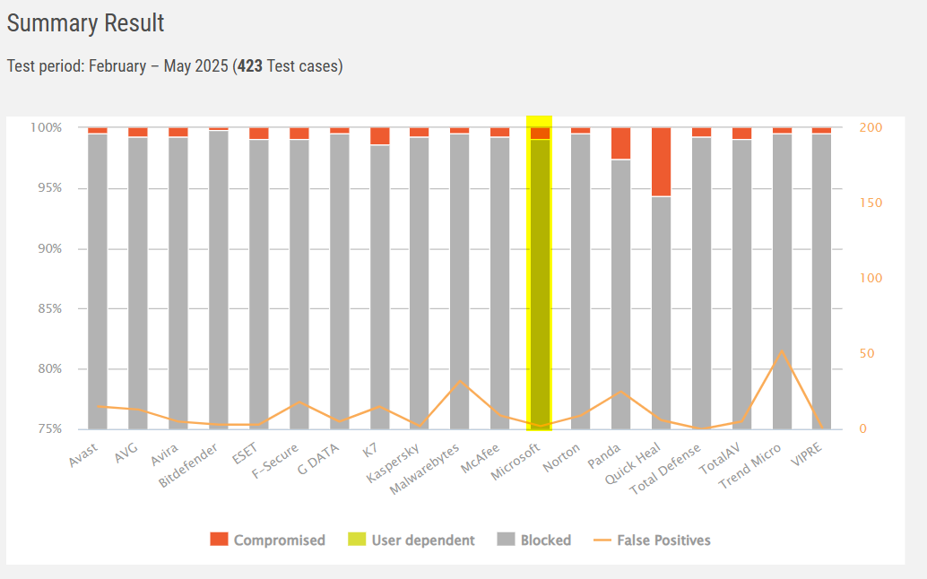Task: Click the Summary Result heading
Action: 86,23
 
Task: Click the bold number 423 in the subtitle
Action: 250,66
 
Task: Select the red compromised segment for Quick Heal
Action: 662,161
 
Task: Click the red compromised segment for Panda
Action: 621,143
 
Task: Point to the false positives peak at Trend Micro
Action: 782,351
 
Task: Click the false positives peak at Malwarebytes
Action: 460,381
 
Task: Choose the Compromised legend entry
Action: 268,540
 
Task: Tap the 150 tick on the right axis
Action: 871,203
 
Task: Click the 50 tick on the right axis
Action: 867,354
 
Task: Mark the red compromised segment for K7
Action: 380,136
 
